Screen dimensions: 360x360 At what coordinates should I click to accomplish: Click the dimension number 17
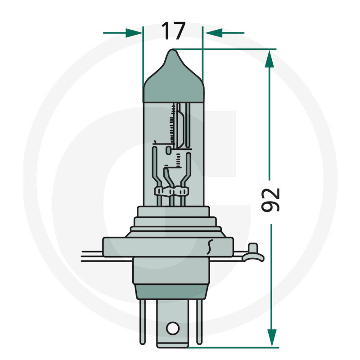pos(173,31)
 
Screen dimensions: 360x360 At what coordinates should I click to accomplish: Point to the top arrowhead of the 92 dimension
pos(269,59)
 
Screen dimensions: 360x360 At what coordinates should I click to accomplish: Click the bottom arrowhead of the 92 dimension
pos(271,337)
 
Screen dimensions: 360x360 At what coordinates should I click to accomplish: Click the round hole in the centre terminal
pos(172,328)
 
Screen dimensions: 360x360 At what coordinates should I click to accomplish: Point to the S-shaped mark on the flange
pos(209,246)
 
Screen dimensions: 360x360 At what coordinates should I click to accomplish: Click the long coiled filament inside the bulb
pos(173,124)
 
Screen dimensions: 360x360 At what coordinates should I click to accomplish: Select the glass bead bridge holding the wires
pos(171,193)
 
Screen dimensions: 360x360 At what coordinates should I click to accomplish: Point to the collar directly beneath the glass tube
pos(173,211)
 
